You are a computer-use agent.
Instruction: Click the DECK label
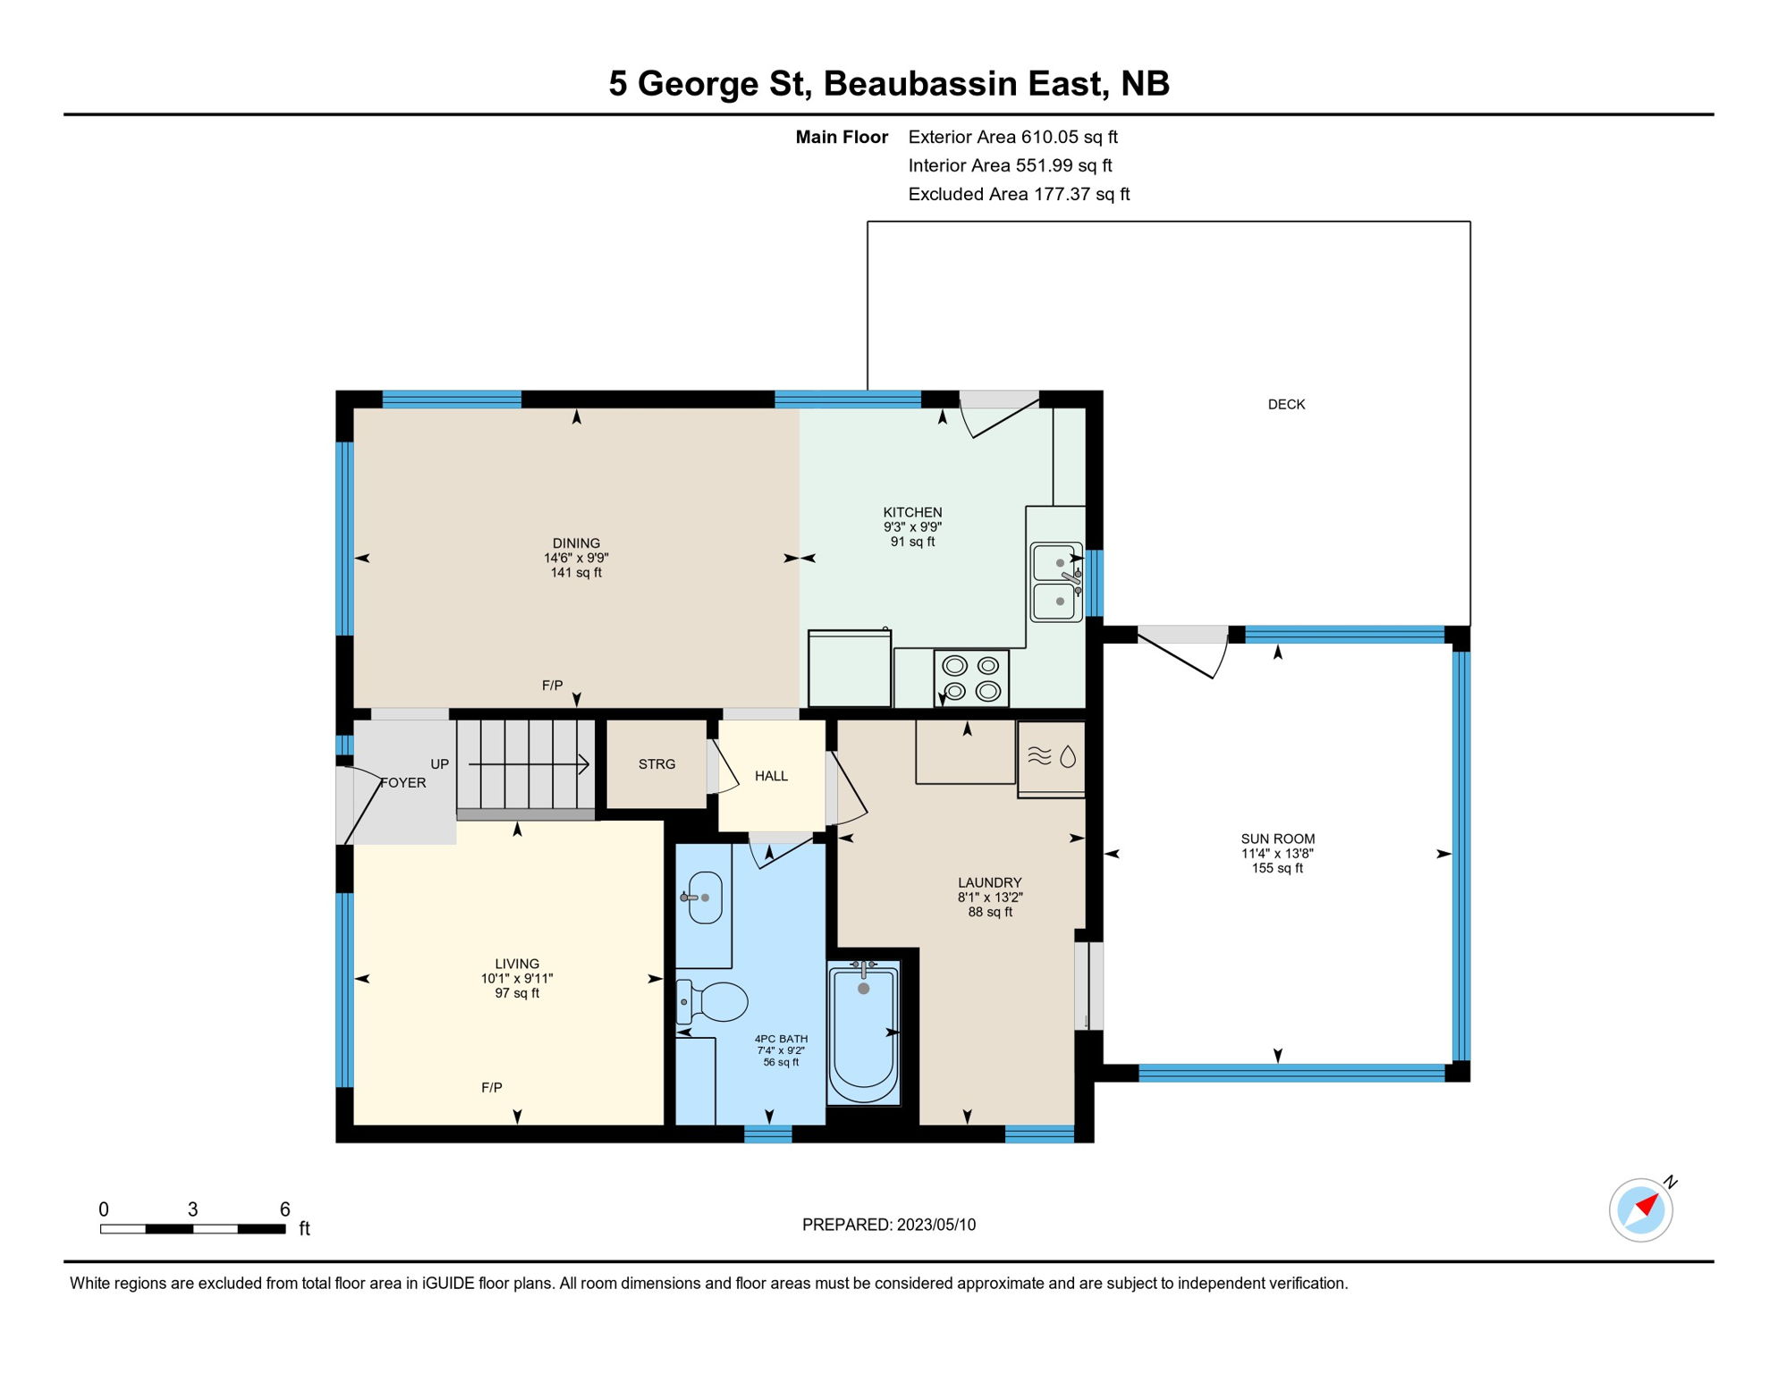pos(1286,405)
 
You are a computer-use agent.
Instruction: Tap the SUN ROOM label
pos(1277,839)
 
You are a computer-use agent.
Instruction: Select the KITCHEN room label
pos(912,512)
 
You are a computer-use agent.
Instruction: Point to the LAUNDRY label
pos(989,882)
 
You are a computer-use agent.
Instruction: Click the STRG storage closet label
pos(656,764)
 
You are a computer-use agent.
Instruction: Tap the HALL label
pos(771,776)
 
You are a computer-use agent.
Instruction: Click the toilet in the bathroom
pos(712,1002)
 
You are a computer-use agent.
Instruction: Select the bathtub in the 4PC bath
pos(863,1034)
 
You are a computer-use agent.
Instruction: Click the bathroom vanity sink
pos(704,897)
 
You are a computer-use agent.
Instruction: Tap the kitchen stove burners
pos(971,678)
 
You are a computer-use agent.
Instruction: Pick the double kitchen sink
pos(1056,582)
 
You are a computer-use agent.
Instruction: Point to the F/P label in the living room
pos(492,1088)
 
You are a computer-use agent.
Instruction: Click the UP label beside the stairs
pos(439,764)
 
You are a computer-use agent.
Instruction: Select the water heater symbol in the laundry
pos(1052,758)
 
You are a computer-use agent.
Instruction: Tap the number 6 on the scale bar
pos(284,1209)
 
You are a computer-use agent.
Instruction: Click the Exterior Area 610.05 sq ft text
pos(1013,137)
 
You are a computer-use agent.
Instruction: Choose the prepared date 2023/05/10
pos(936,1225)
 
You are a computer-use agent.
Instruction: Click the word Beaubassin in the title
pos(920,84)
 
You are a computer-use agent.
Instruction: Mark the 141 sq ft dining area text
pos(576,573)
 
